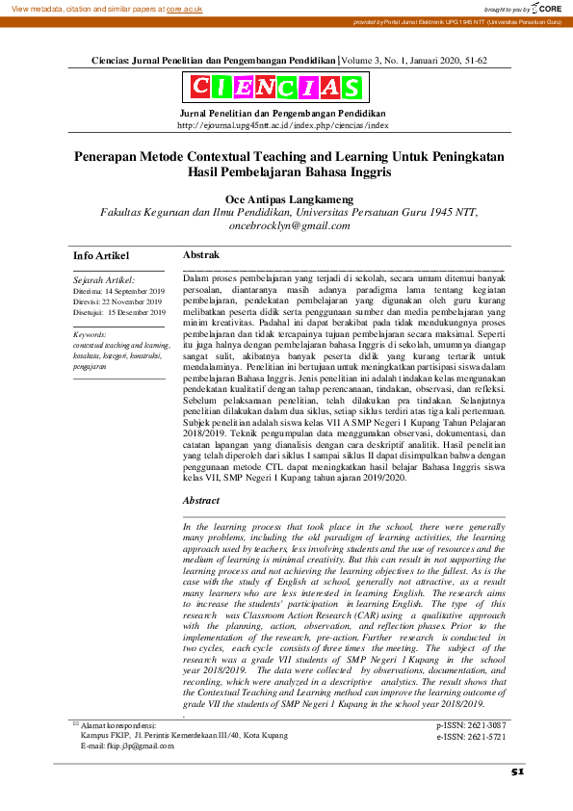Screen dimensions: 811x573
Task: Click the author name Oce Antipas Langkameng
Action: click(289, 198)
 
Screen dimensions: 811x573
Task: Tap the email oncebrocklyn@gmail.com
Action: click(290, 225)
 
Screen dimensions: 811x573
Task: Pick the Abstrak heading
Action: click(200, 254)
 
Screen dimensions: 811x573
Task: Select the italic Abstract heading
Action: click(202, 501)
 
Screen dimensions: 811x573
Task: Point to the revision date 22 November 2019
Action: click(135, 301)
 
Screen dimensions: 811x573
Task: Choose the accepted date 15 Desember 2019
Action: click(136, 313)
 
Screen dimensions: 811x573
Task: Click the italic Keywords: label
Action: click(91, 334)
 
